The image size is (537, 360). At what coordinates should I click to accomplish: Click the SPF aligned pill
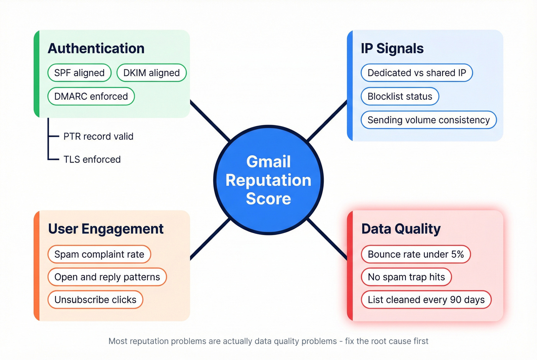[x=79, y=73]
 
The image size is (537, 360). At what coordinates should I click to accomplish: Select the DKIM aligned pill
[x=152, y=73]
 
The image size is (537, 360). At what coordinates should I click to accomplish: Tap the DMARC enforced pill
[x=91, y=96]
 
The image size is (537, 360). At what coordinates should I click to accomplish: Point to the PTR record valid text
[x=98, y=136]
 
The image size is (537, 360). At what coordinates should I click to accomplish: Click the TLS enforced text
[x=92, y=159]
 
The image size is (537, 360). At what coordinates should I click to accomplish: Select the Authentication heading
[x=96, y=49]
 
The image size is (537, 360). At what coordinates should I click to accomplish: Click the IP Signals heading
[x=392, y=49]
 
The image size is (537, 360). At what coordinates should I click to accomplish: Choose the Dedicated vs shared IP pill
[x=417, y=73]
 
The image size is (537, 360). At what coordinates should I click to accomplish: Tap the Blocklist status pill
[x=400, y=96]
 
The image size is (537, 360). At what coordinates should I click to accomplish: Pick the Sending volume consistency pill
[x=428, y=120]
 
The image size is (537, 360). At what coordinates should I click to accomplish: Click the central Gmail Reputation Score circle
[x=268, y=180]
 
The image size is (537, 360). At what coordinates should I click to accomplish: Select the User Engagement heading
[x=106, y=229]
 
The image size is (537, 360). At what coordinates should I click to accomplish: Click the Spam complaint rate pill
[x=99, y=254]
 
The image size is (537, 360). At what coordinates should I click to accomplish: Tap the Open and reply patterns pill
[x=107, y=277]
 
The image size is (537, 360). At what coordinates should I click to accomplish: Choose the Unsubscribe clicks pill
[x=95, y=299]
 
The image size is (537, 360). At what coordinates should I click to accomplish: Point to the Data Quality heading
[x=401, y=229]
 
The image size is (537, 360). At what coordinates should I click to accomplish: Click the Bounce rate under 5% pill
[x=416, y=254]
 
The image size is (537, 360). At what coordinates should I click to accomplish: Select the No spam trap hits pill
[x=406, y=277]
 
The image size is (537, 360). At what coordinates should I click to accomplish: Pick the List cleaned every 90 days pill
[x=426, y=299]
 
